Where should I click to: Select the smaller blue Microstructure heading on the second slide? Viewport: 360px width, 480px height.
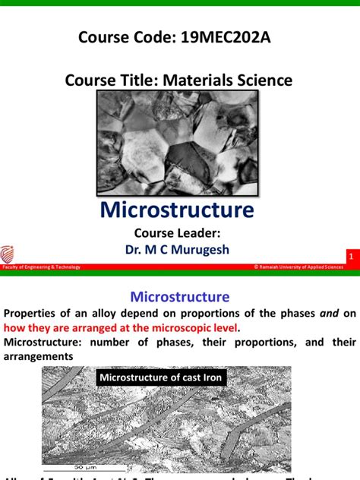point(179,295)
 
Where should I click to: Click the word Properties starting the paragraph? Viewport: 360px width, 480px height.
point(35,313)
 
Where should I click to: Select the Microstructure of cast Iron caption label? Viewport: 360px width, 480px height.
point(162,377)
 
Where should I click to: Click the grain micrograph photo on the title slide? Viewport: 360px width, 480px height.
point(179,141)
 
